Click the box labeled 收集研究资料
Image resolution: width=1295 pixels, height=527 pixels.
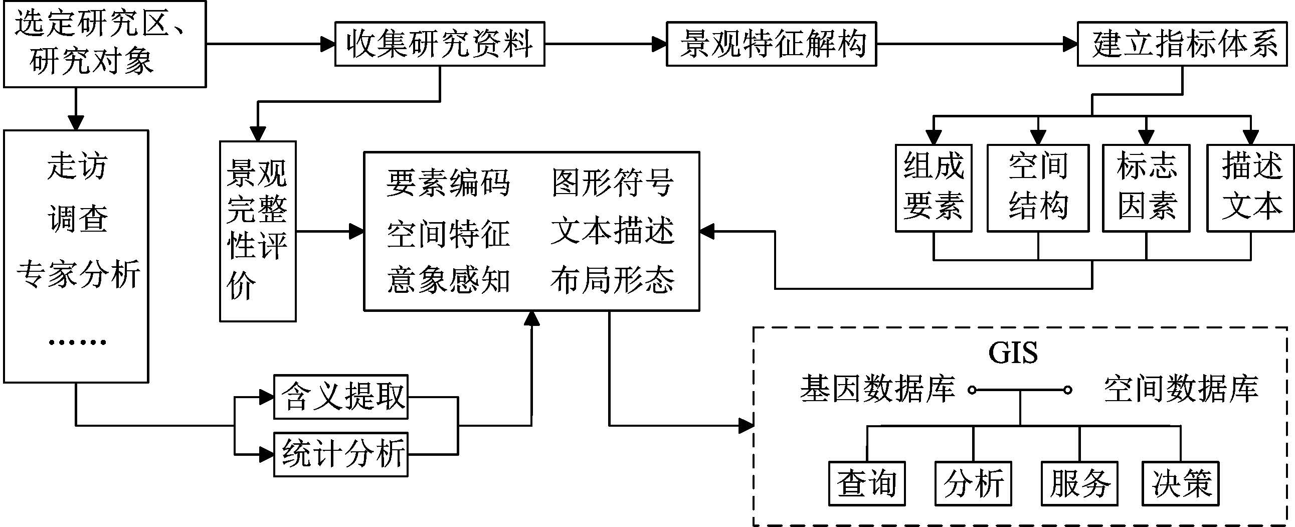[x=439, y=44]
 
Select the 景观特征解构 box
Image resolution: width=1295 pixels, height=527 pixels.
[x=771, y=44]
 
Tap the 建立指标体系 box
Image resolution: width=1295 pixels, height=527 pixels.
[x=1182, y=44]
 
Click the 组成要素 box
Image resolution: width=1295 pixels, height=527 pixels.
[x=933, y=188]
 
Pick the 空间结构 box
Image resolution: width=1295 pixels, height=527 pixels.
[x=1038, y=188]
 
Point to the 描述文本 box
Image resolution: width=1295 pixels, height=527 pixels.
[x=1250, y=188]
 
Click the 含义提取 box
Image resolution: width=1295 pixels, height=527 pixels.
[x=341, y=397]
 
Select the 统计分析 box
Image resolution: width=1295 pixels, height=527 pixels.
[x=341, y=454]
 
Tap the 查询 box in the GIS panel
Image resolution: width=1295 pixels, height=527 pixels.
[x=867, y=483]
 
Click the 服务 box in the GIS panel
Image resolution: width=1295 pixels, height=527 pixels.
[x=1079, y=483]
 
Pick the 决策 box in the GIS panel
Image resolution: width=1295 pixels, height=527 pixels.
[x=1180, y=483]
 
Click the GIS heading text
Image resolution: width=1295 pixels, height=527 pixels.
[x=1012, y=353]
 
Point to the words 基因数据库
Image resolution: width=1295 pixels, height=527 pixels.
[x=877, y=389]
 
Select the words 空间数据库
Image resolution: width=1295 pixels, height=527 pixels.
[x=1181, y=389]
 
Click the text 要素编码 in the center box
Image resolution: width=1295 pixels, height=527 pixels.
[x=448, y=183]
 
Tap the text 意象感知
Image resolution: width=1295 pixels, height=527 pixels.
[x=448, y=280]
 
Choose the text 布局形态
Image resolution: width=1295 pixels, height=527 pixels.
[x=612, y=280]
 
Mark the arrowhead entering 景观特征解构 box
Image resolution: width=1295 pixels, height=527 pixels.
[x=659, y=44]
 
